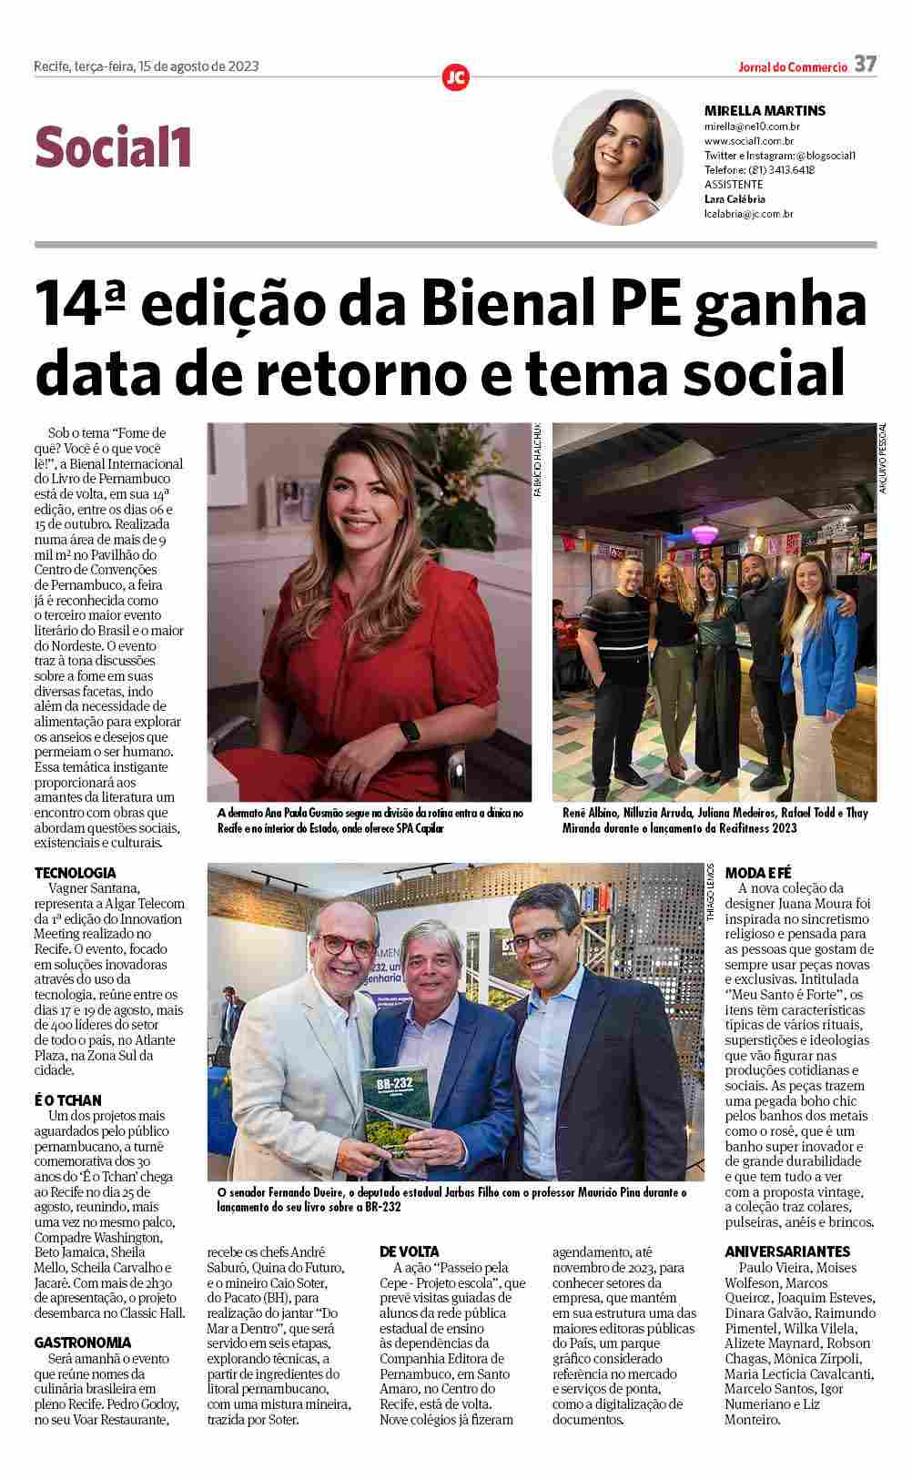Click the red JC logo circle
[x=455, y=77]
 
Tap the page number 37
[x=865, y=65]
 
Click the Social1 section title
[x=114, y=148]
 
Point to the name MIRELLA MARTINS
[x=765, y=111]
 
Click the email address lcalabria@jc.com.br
[x=749, y=215]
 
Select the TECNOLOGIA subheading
[x=76, y=873]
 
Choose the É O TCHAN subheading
[x=68, y=1100]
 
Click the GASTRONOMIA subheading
[x=83, y=1342]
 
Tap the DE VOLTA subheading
[x=409, y=1252]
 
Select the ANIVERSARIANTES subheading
[x=787, y=1251]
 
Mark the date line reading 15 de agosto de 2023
[x=197, y=66]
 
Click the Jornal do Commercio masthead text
[x=793, y=66]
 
